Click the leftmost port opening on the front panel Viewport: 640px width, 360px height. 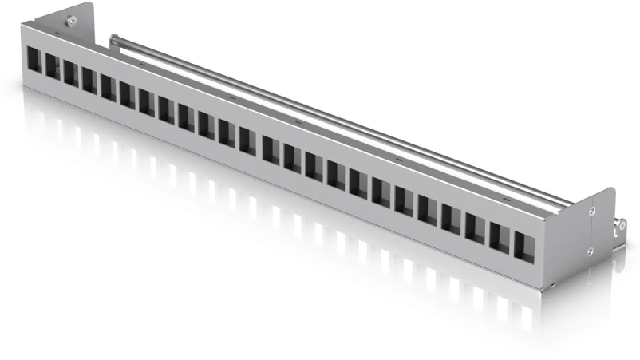34,61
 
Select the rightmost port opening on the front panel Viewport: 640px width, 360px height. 523,245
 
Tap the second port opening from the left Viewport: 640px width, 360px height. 52,68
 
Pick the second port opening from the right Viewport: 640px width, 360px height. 500,236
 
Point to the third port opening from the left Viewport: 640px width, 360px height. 70,74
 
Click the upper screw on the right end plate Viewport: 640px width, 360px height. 591,211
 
